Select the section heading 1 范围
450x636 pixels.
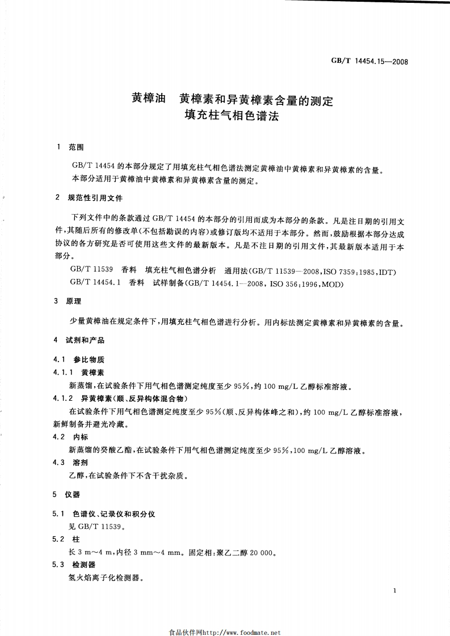click(71, 147)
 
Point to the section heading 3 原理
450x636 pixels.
click(71, 302)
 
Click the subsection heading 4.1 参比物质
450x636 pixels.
click(79, 360)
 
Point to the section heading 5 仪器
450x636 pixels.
click(67, 495)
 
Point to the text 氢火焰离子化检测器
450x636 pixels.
click(106, 579)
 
